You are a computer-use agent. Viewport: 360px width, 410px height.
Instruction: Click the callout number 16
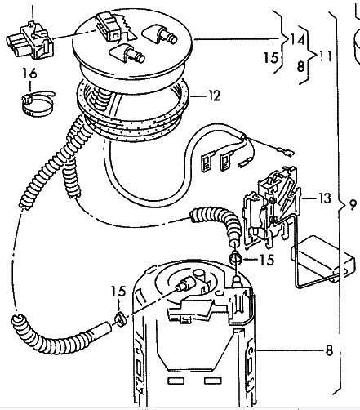[29, 74]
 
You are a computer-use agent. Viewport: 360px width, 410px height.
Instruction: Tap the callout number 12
[214, 96]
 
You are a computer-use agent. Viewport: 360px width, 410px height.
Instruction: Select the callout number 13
[324, 198]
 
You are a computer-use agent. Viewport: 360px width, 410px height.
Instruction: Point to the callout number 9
[352, 205]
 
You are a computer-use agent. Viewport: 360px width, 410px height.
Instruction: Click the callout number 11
[326, 56]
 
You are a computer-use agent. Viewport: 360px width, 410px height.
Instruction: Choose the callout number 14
[297, 39]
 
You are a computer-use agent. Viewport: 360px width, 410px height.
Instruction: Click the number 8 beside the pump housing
[329, 350]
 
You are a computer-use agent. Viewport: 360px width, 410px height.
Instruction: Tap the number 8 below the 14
[300, 66]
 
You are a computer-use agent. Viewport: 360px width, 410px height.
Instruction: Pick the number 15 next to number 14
[271, 58]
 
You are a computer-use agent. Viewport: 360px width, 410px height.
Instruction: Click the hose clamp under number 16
[37, 103]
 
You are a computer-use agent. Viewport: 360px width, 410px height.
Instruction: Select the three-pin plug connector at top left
[30, 42]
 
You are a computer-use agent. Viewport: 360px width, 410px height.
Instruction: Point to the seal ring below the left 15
[120, 319]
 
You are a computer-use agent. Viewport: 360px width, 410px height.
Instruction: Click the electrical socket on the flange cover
[109, 26]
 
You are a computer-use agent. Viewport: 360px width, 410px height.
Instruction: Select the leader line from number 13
[309, 198]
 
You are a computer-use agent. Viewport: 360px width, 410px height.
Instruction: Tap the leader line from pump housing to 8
[290, 350]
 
